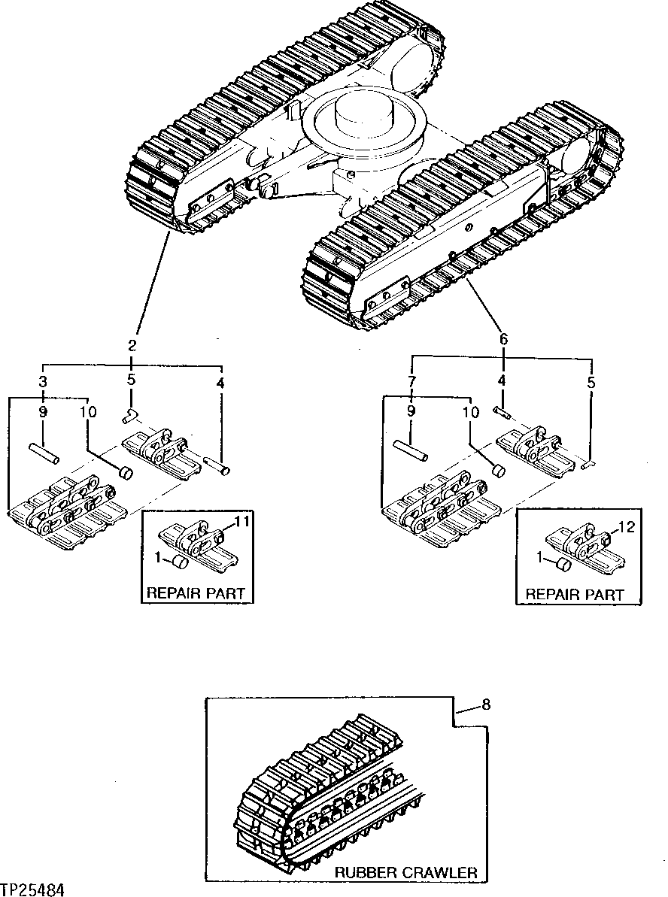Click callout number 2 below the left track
click(132, 346)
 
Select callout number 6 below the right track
click(503, 339)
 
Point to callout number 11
click(242, 520)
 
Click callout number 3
click(43, 382)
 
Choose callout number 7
click(411, 382)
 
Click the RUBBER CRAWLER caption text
click(406, 872)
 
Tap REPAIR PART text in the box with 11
click(196, 592)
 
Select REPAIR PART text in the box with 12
click(575, 594)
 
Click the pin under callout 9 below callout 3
click(44, 454)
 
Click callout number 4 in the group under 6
click(502, 382)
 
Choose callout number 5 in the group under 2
click(131, 380)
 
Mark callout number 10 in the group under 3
click(88, 412)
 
